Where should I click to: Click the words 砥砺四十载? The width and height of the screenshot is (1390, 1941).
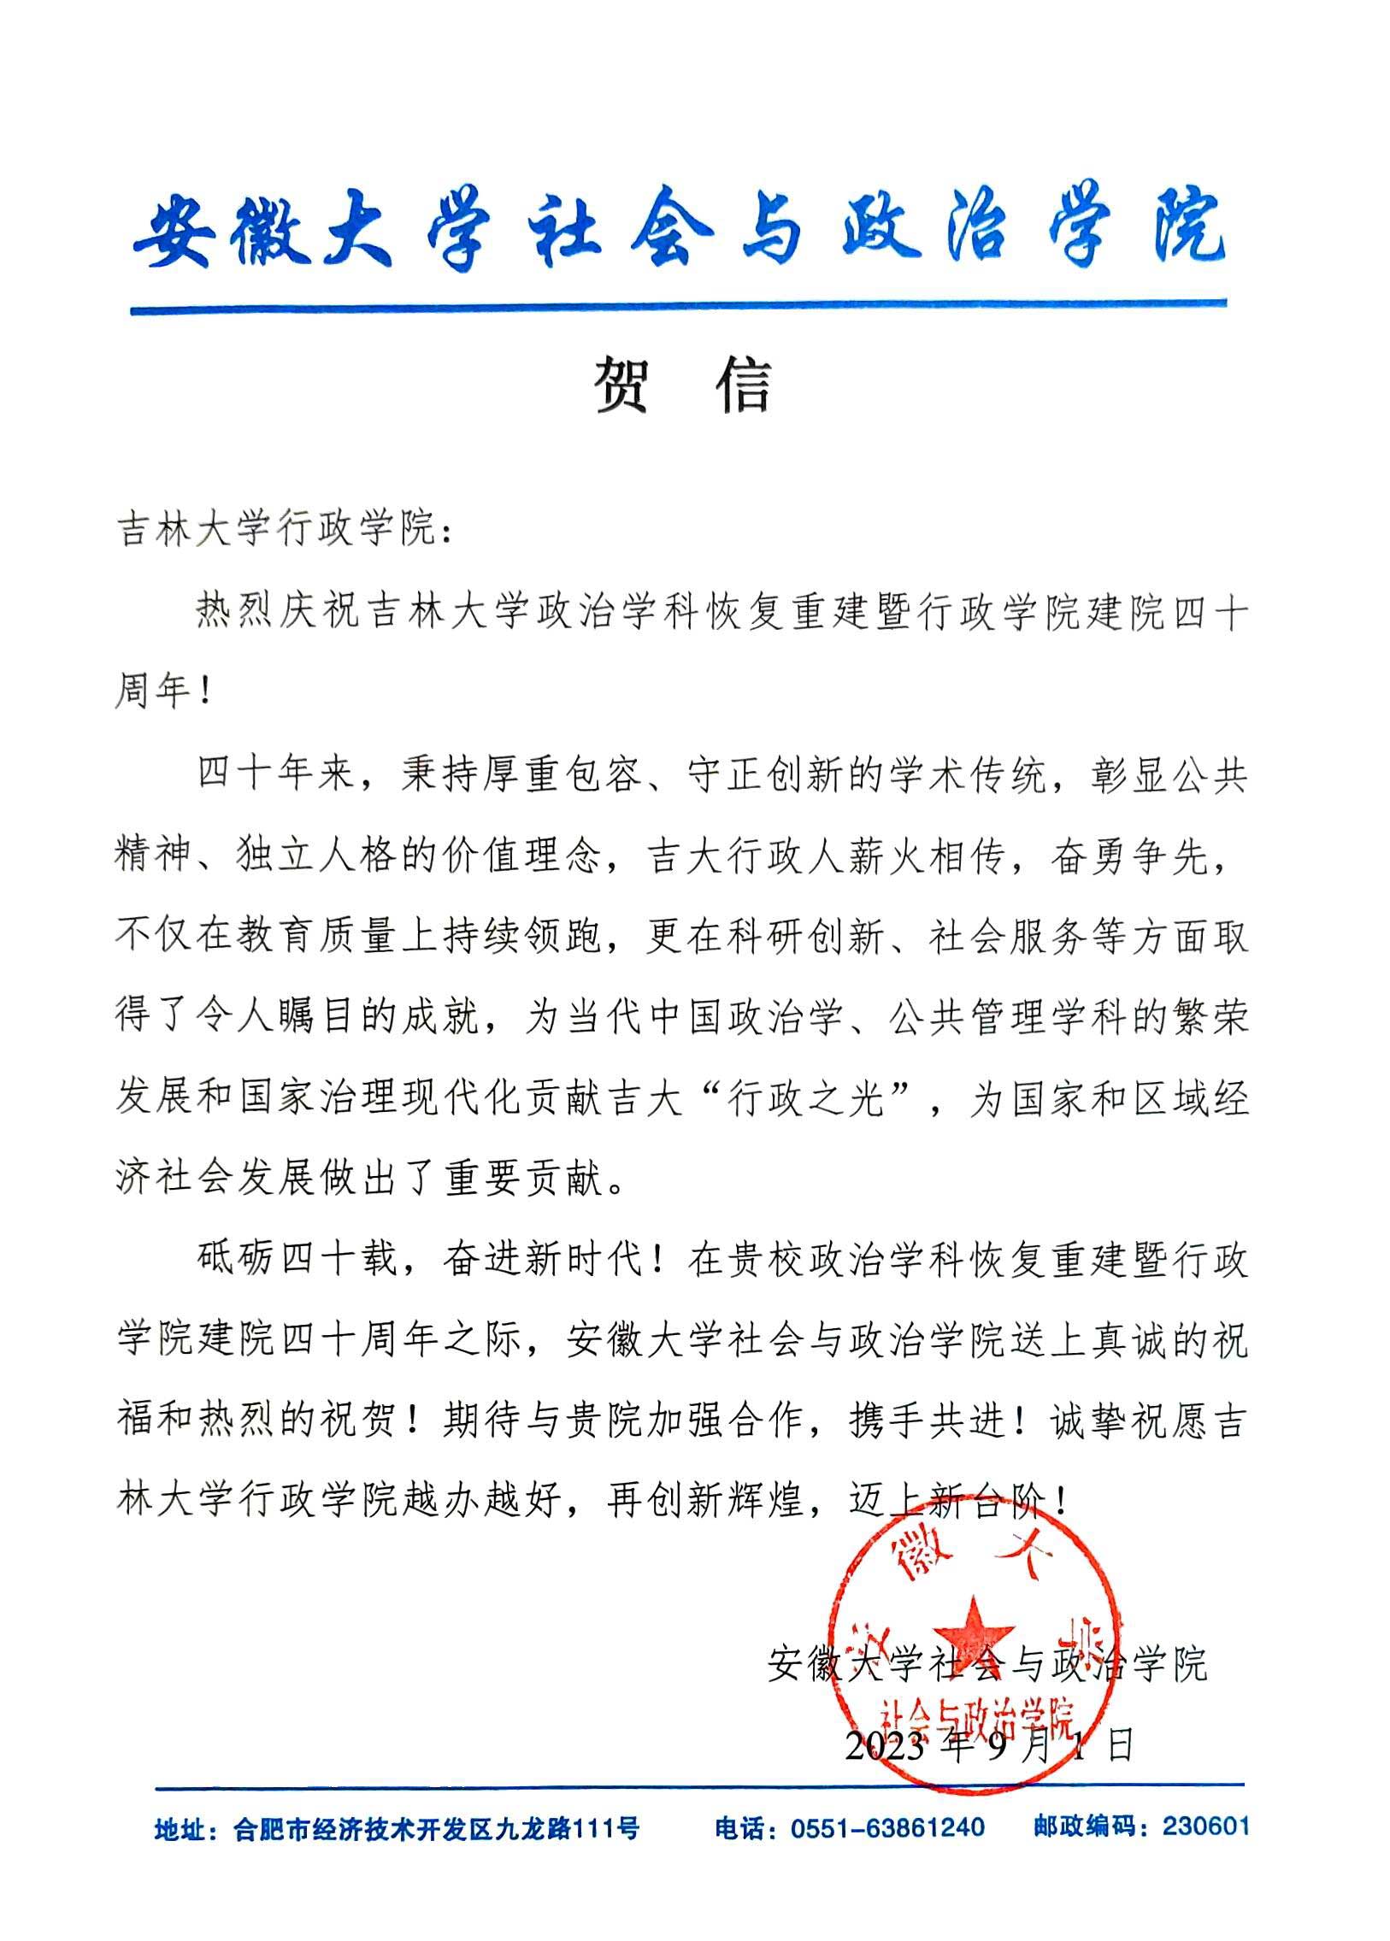coord(299,1261)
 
